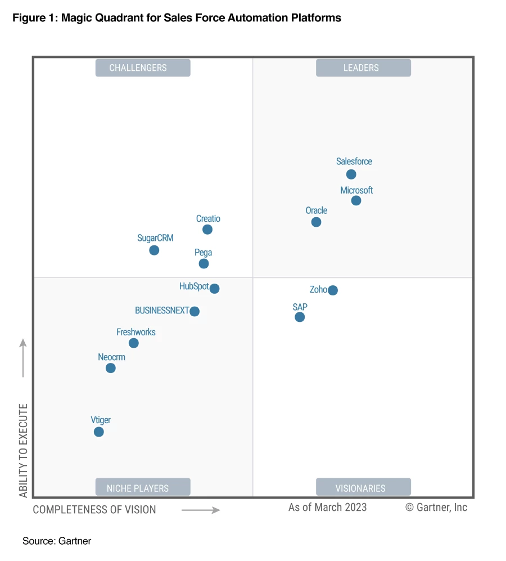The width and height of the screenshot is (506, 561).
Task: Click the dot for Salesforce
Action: tap(351, 174)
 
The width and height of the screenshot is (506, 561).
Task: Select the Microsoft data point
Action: tap(356, 201)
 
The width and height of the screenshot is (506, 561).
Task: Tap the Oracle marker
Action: tap(316, 222)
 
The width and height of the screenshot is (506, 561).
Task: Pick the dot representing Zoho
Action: tap(333, 290)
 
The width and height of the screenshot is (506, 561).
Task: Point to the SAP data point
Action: tap(300, 317)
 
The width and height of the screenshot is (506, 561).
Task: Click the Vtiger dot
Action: tap(99, 432)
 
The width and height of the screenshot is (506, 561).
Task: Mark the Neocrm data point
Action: tap(111, 368)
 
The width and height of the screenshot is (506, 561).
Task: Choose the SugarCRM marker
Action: tap(154, 250)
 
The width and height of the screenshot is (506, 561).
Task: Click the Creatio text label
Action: tap(208, 219)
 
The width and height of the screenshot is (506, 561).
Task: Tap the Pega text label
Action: tap(203, 253)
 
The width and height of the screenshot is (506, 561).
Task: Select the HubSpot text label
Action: tap(194, 286)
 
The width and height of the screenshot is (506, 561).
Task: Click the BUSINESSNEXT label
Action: tap(162, 311)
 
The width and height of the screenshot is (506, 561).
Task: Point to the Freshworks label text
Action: tap(135, 332)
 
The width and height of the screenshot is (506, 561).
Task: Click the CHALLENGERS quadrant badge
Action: tap(143, 68)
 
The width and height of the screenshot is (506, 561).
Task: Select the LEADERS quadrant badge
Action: tap(363, 68)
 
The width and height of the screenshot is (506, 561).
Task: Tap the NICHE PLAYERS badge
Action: tap(143, 487)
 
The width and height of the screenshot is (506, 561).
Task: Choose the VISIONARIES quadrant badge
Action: tap(363, 487)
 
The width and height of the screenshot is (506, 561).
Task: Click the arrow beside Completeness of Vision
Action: tap(201, 510)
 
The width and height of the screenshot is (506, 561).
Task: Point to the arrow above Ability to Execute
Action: tap(23, 358)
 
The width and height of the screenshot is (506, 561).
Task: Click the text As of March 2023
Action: tap(327, 508)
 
